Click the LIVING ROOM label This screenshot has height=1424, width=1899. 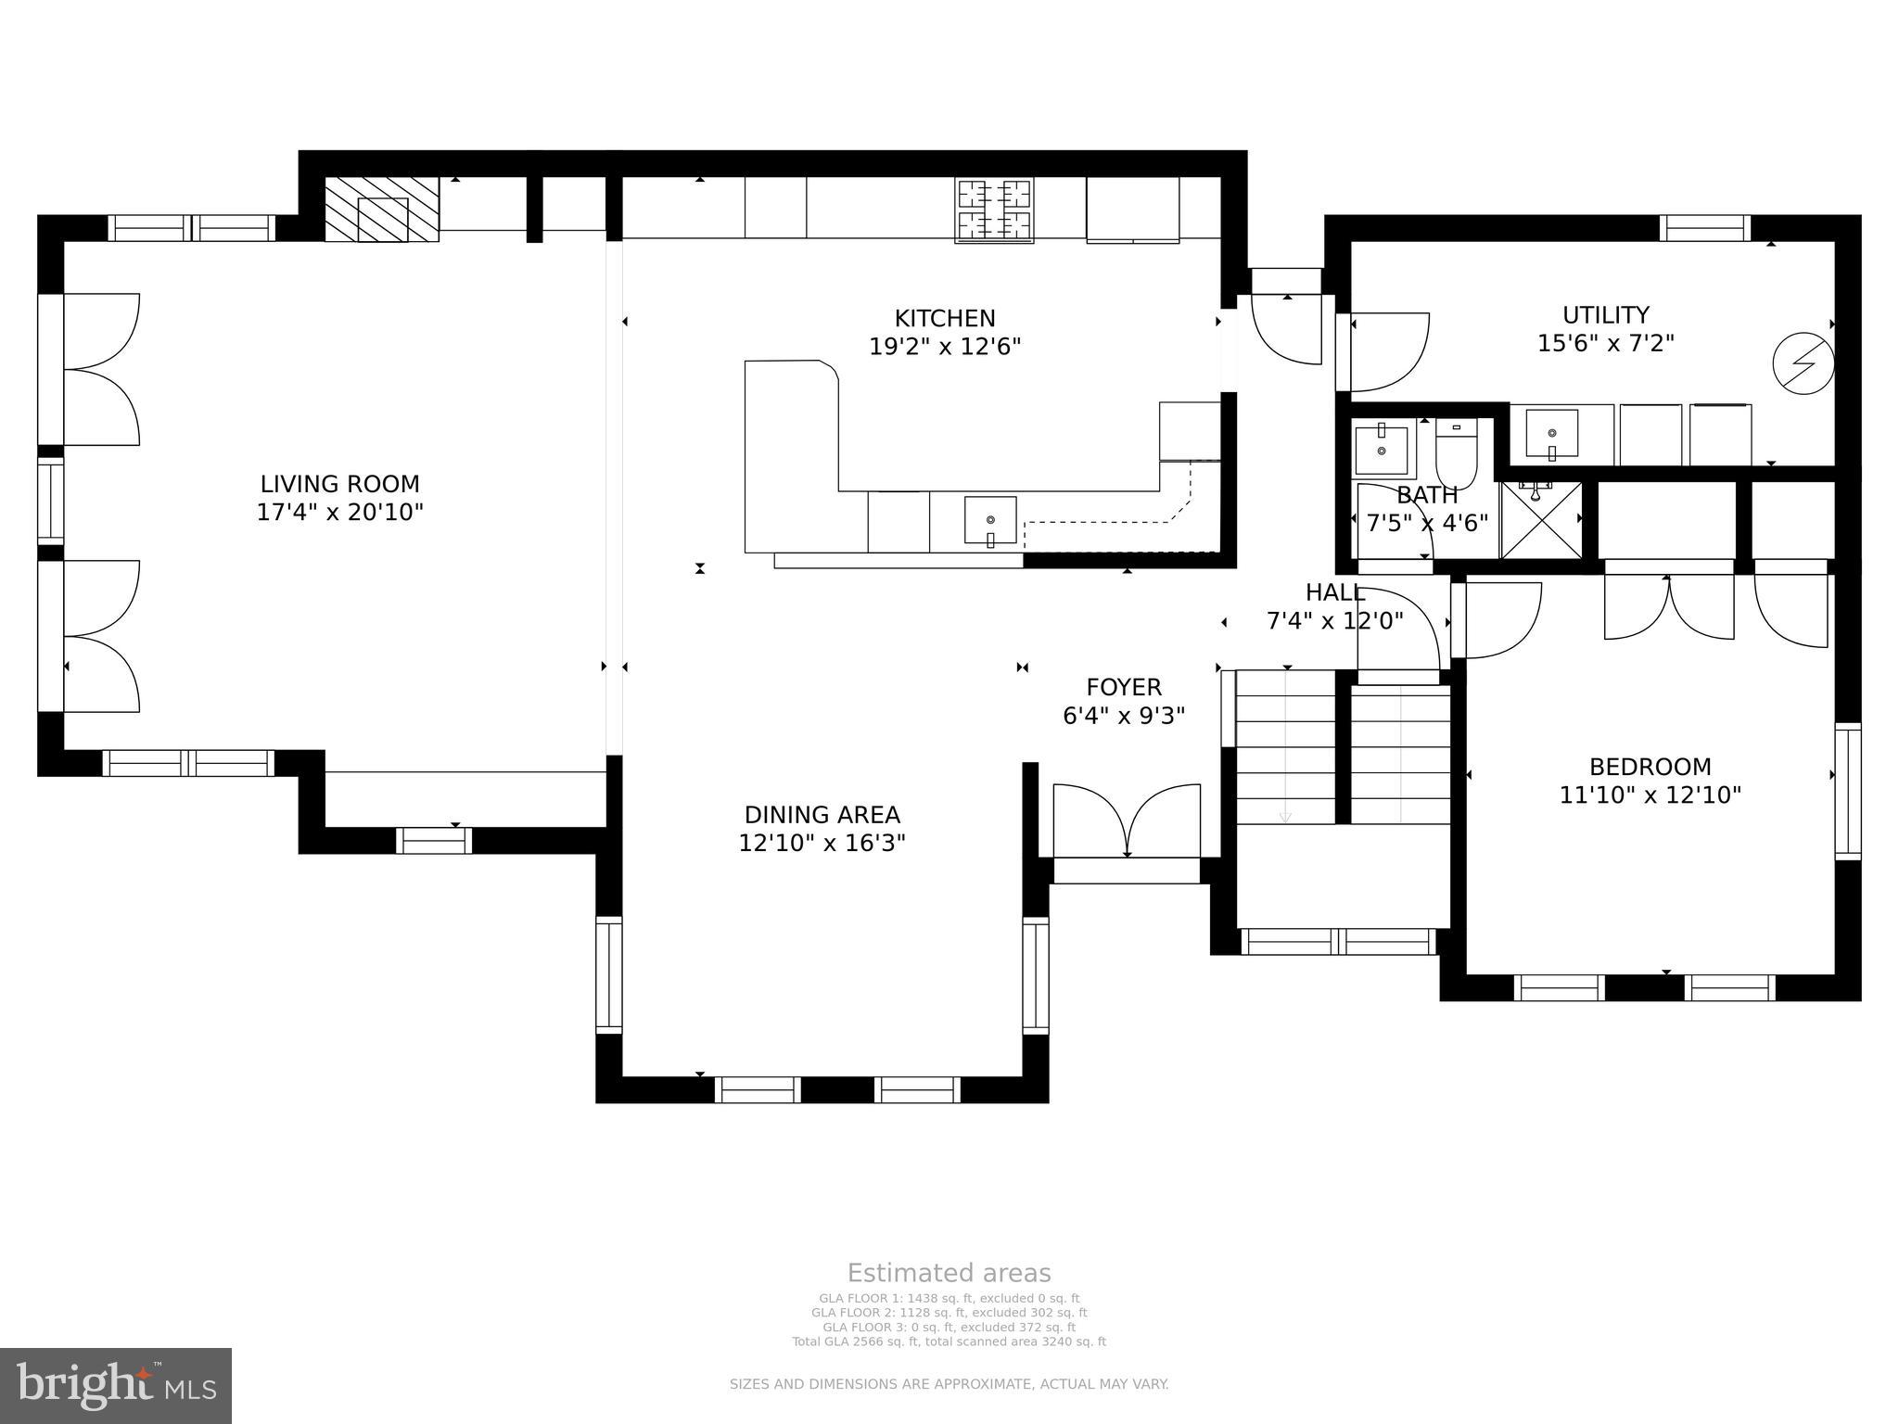pos(339,484)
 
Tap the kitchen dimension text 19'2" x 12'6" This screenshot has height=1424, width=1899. pos(945,347)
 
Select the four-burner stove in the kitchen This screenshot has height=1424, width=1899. pos(994,210)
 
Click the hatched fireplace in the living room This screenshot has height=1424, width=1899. pos(381,210)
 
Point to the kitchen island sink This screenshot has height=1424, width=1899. pos(990,521)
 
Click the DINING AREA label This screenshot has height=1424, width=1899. pos(822,815)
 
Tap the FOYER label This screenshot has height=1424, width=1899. pos(1124,687)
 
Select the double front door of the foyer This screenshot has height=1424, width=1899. pos(1127,820)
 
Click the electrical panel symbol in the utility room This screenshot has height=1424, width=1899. pos(1803,363)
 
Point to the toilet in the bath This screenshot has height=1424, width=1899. pos(1456,454)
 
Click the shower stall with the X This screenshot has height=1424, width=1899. pos(1541,520)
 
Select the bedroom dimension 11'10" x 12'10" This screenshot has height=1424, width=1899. pos(1650,795)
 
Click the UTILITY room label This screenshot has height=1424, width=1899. pos(1605,314)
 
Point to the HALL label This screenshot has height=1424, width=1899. pos(1334,592)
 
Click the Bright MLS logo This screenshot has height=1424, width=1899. pos(116,1385)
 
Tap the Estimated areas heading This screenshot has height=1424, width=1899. pos(949,1273)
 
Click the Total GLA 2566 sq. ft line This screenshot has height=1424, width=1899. pos(949,1341)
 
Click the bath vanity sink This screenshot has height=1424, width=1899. pos(1381,449)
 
